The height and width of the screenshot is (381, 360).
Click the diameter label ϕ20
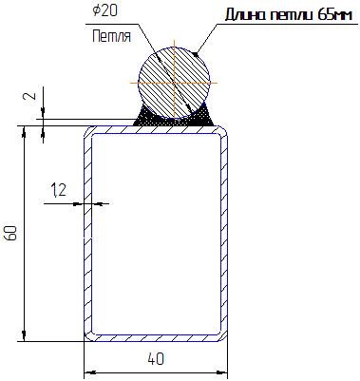[x=104, y=10]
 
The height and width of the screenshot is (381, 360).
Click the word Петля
[x=111, y=36]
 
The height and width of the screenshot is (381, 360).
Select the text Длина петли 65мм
[x=289, y=15]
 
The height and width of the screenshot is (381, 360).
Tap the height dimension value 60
[x=11, y=233]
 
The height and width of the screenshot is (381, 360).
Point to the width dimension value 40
[x=156, y=359]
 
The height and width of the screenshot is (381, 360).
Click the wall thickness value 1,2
[x=59, y=190]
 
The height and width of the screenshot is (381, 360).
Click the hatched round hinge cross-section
[x=174, y=83]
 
